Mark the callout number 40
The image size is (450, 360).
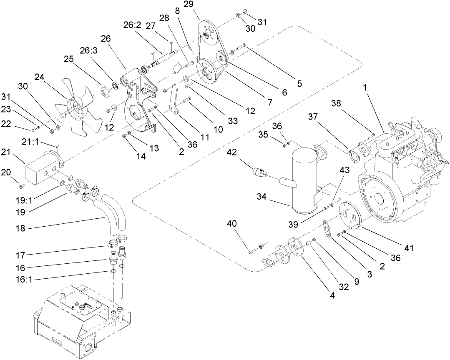[232, 224]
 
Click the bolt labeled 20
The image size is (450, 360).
[23, 185]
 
